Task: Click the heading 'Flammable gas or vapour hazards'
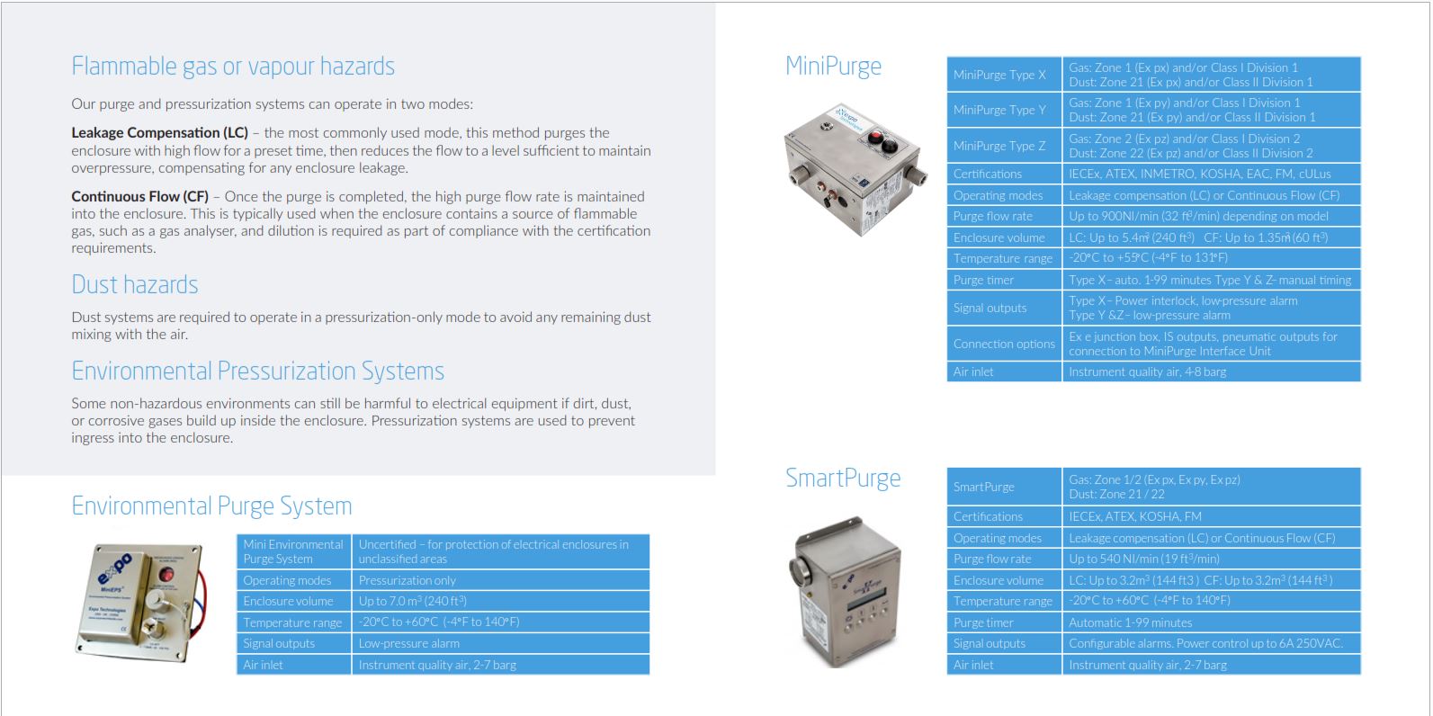click(x=233, y=67)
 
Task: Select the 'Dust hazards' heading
click(x=135, y=285)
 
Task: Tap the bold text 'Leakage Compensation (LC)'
click(x=159, y=133)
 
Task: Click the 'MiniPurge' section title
click(x=833, y=67)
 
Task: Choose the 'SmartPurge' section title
click(x=843, y=479)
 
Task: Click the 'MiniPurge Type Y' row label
click(x=999, y=110)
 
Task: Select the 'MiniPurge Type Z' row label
click(x=999, y=146)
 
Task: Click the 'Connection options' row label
click(x=1004, y=344)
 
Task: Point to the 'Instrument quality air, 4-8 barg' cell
click(x=1147, y=371)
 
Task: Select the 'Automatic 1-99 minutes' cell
click(x=1130, y=622)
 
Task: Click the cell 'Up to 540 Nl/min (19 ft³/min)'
click(x=1144, y=559)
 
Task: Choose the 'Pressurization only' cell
click(x=407, y=580)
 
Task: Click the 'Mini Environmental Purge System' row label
click(x=293, y=551)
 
